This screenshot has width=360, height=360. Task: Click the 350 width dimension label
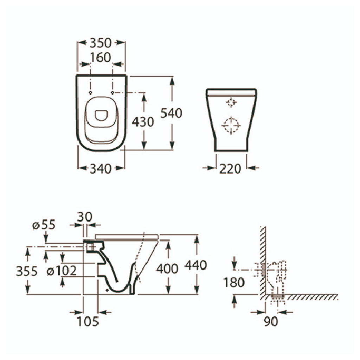pos(101,43)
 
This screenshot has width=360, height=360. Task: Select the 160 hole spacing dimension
pos(101,57)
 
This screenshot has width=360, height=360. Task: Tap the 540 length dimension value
pos(171,113)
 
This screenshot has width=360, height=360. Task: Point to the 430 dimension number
pos(142,122)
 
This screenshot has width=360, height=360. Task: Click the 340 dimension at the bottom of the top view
pos(101,169)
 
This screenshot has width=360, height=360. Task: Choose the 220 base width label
pos(230,169)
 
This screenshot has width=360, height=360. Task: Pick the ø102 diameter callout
pos(62,271)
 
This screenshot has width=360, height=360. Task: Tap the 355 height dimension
pos(26,271)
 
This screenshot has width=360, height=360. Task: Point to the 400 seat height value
pos(167,269)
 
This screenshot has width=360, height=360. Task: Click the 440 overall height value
pos(195,265)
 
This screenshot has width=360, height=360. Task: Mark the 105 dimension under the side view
pos(89,321)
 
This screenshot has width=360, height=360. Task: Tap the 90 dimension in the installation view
pos(271,321)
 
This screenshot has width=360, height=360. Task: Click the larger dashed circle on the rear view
pos(231,125)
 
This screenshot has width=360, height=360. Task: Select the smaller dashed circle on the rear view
pos(231,103)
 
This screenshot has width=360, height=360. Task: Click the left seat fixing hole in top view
pos(90,92)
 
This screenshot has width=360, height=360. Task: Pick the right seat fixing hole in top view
pos(112,92)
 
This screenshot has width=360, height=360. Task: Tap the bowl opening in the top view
pos(102,115)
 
